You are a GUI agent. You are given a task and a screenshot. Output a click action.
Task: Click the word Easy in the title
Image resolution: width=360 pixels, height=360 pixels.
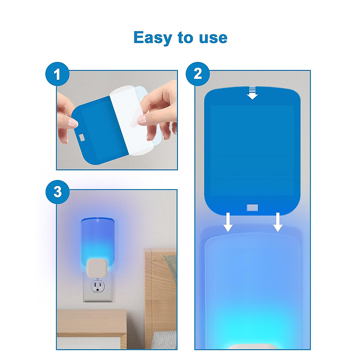[153, 38]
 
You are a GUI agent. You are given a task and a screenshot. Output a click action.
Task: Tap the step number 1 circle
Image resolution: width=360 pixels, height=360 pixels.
[57, 74]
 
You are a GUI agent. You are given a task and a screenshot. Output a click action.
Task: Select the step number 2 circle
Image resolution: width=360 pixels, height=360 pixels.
[198, 74]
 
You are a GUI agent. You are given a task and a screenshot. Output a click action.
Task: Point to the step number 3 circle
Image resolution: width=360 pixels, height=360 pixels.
[57, 192]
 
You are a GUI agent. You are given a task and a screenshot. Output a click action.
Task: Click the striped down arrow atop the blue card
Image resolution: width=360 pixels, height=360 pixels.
[252, 93]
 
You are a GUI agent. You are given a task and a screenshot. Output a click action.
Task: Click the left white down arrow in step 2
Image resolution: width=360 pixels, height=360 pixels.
[228, 222]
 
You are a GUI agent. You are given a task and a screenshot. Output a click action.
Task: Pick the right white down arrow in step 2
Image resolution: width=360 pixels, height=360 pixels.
[278, 222]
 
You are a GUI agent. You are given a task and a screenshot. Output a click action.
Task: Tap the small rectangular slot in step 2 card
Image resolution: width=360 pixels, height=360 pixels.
[252, 207]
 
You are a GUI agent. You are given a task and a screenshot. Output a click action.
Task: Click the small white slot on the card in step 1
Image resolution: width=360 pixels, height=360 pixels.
[82, 137]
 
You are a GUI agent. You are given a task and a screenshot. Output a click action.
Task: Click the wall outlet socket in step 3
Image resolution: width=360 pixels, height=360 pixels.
[97, 286]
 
